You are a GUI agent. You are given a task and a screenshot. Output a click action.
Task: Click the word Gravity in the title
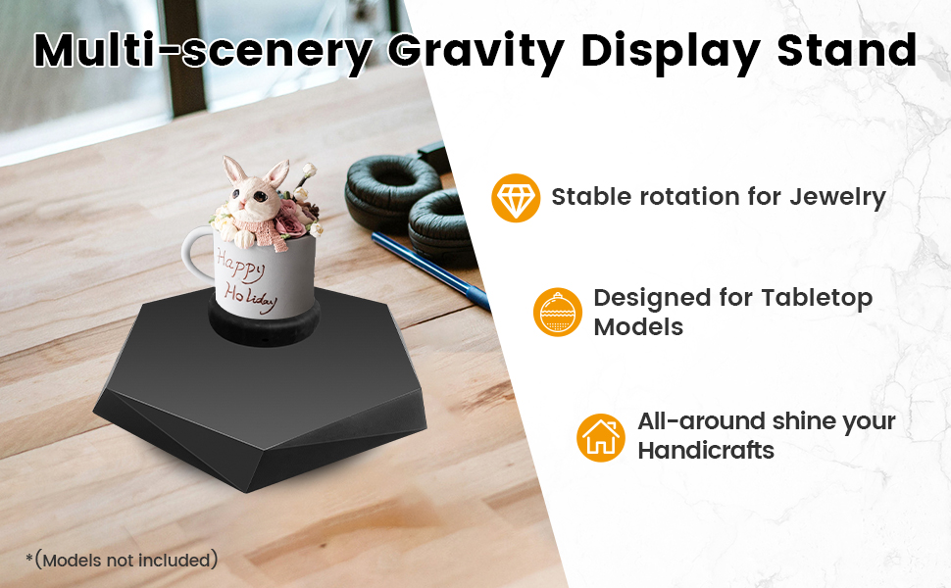pos(476,52)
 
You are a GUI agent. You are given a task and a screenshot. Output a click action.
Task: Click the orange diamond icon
pos(516,198)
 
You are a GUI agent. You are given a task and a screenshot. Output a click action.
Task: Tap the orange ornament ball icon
pos(558,313)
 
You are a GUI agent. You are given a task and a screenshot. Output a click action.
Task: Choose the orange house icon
pos(600,438)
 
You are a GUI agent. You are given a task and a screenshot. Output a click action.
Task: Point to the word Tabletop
pos(817,299)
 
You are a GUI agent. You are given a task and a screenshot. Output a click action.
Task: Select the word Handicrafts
pos(706,451)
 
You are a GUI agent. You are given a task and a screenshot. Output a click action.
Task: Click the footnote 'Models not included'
pos(126,561)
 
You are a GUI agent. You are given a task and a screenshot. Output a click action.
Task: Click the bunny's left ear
pos(233,170)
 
